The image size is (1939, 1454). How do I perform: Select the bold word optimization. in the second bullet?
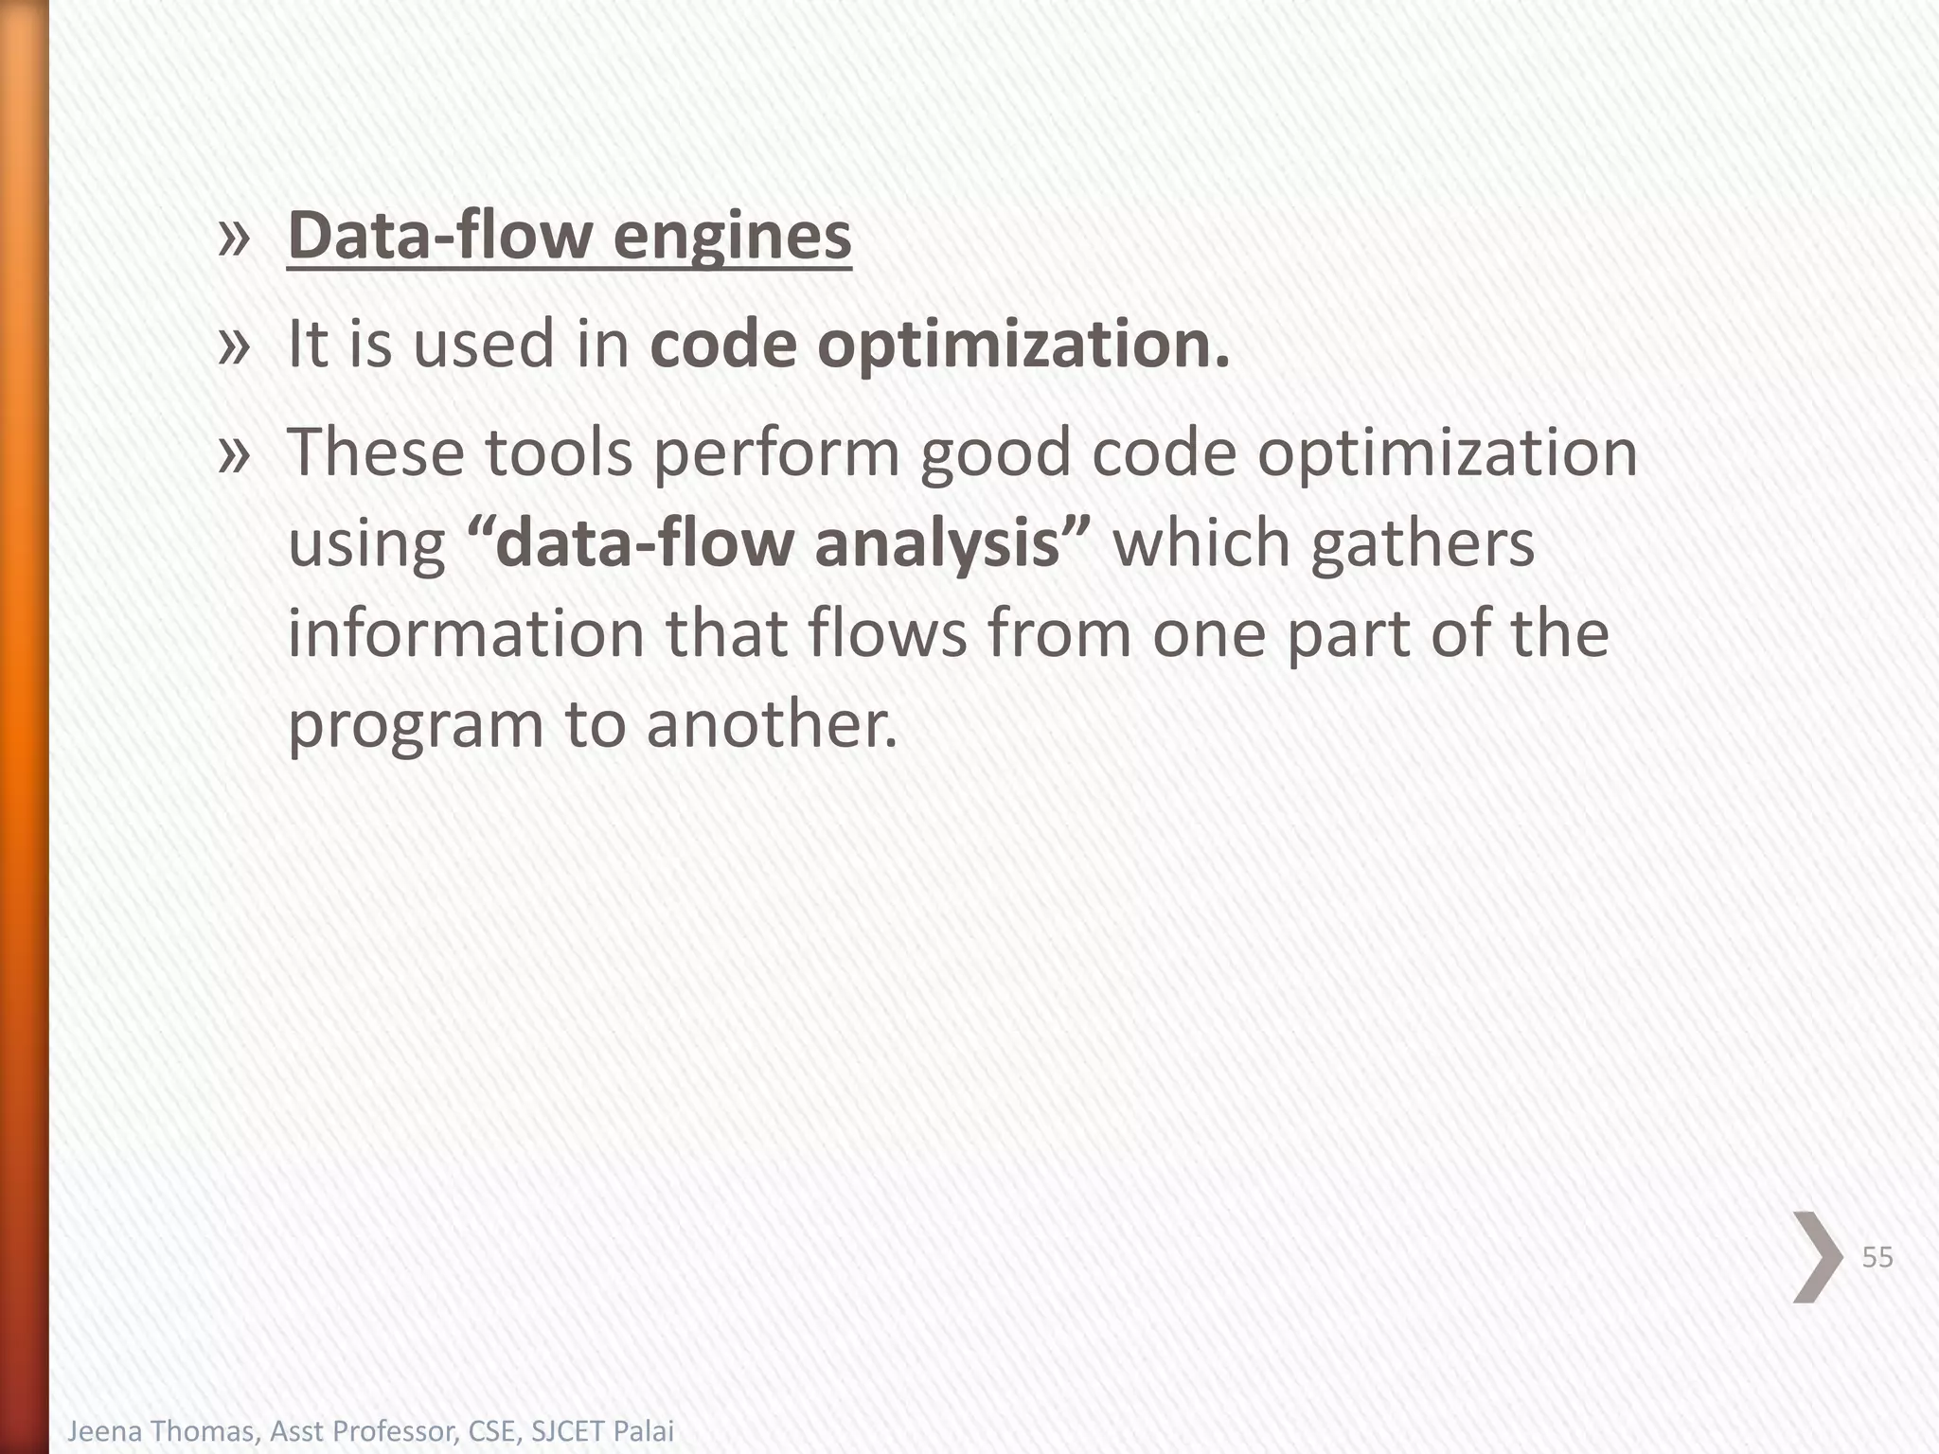pos(1023,345)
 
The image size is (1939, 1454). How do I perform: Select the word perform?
pos(776,453)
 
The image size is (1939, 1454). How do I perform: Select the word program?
pos(416,724)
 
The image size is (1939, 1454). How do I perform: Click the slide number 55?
pos(1877,1257)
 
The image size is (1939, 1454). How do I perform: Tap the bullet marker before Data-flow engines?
pos(233,237)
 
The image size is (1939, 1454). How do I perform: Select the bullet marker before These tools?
pos(233,453)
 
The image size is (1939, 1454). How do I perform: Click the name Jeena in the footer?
pos(102,1430)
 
